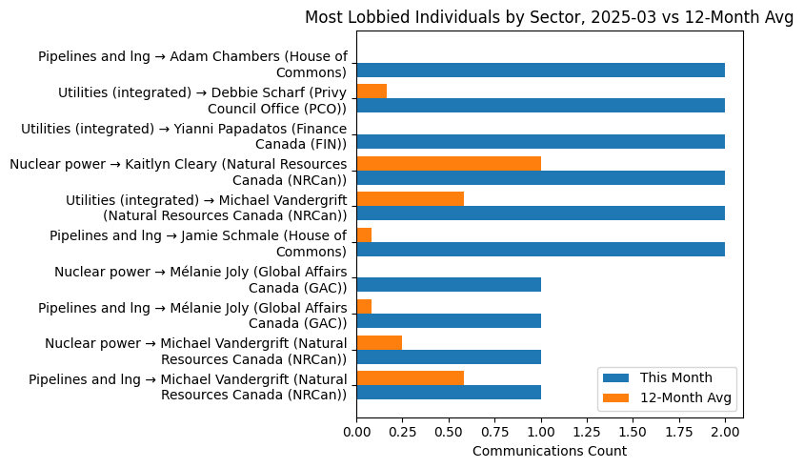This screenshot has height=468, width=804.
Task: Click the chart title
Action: pyautogui.click(x=549, y=18)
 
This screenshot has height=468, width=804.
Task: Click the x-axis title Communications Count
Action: pyautogui.click(x=549, y=451)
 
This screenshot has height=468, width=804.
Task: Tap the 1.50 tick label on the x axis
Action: pyautogui.click(x=633, y=431)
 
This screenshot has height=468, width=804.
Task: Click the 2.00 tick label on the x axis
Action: pyautogui.click(x=725, y=431)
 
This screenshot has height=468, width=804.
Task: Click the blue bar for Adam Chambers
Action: pyautogui.click(x=540, y=70)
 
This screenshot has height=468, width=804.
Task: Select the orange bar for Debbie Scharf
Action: pyautogui.click(x=372, y=92)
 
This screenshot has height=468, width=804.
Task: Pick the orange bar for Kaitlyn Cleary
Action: pyautogui.click(x=449, y=163)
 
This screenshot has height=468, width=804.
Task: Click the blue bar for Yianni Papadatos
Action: pyautogui.click(x=540, y=142)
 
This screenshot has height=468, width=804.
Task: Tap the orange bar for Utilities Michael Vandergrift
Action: pyautogui.click(x=410, y=199)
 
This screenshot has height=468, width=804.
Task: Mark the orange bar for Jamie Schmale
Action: pyautogui.click(x=364, y=235)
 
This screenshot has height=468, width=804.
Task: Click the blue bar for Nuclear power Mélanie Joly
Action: pyautogui.click(x=449, y=285)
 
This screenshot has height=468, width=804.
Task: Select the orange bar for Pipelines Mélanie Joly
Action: pyautogui.click(x=364, y=307)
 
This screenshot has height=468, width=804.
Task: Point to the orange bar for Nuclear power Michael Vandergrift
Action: pyautogui.click(x=379, y=343)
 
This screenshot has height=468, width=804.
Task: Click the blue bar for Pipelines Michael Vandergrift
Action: pyautogui.click(x=449, y=393)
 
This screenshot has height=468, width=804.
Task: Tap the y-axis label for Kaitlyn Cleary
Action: pyautogui.click(x=178, y=172)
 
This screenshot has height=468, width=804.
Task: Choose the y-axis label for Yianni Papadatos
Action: pyautogui.click(x=184, y=135)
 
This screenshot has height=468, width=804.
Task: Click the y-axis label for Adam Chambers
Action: pyautogui.click(x=192, y=64)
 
